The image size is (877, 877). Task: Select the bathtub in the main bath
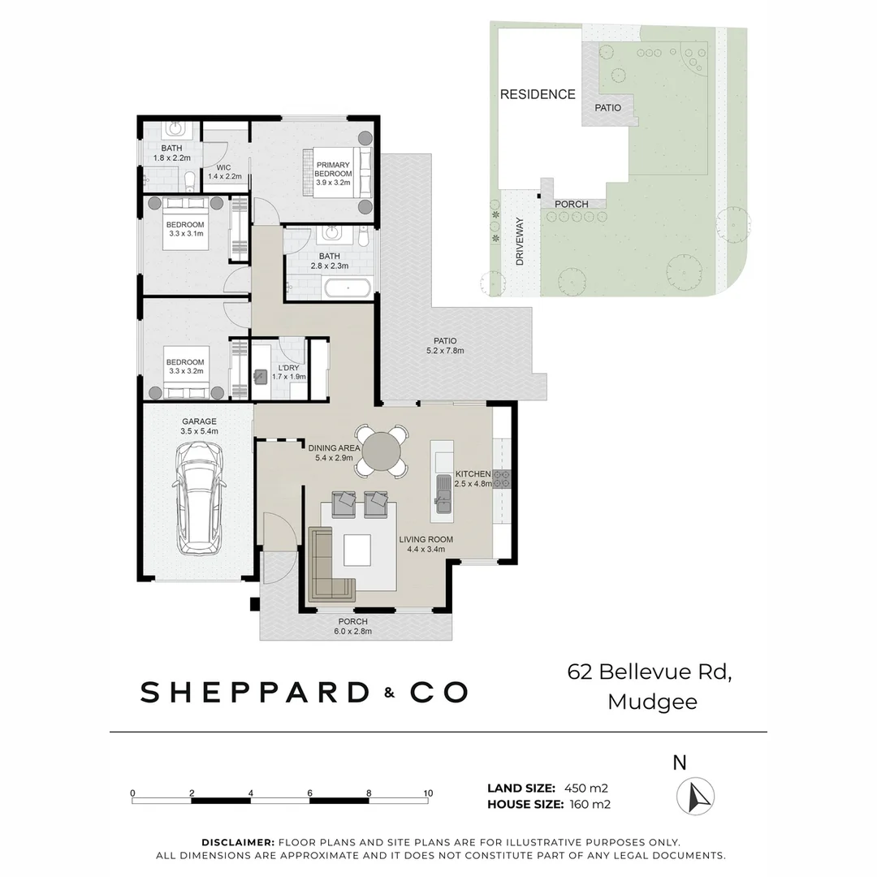tap(348, 287)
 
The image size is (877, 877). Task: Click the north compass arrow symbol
tap(695, 796)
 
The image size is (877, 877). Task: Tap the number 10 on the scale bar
tap(428, 793)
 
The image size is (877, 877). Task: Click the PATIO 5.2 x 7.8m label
tap(445, 346)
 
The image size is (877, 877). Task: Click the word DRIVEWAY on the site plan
tap(519, 241)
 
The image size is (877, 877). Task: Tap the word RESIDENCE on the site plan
tap(537, 94)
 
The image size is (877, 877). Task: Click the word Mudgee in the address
tap(652, 702)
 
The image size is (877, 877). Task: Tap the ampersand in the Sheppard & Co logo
tap(391, 693)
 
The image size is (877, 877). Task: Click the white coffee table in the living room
tap(357, 550)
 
